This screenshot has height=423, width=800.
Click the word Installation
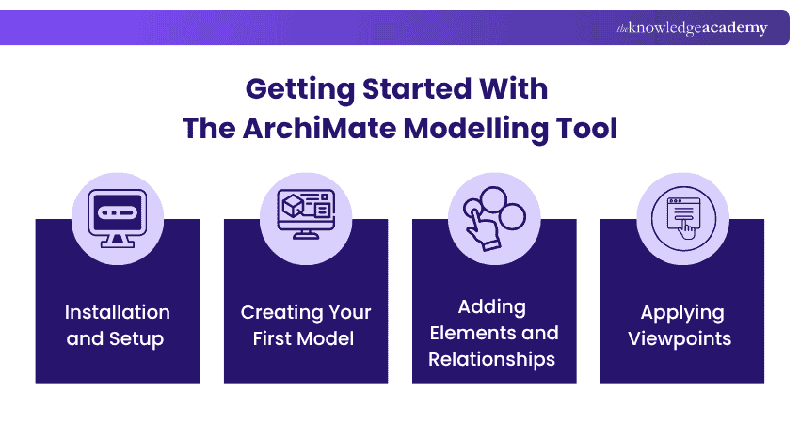pos(118,312)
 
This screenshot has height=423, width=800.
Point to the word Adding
pos(492,307)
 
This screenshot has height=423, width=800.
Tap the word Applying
pos(681,312)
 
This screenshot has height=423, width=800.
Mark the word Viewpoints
pos(681,337)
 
